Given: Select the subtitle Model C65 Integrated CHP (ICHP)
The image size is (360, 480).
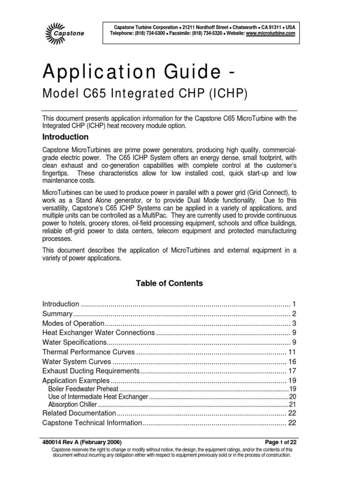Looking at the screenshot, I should click(144, 94).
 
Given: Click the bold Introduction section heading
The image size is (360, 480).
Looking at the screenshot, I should click(65, 137).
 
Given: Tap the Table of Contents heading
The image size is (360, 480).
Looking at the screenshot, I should click(169, 283).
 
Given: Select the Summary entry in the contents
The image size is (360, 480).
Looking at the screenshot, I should click(58, 314).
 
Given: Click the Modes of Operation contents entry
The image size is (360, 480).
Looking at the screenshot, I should click(73, 323).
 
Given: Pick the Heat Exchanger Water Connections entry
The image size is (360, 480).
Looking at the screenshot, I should click(98, 333).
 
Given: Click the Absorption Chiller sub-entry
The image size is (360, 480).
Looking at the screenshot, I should click(73, 404).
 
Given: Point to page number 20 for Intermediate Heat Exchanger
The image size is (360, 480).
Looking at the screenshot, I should click(292, 397).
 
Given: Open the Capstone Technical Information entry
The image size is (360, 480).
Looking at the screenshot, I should click(92, 423).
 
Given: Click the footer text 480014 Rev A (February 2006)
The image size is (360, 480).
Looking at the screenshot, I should click(82, 442).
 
